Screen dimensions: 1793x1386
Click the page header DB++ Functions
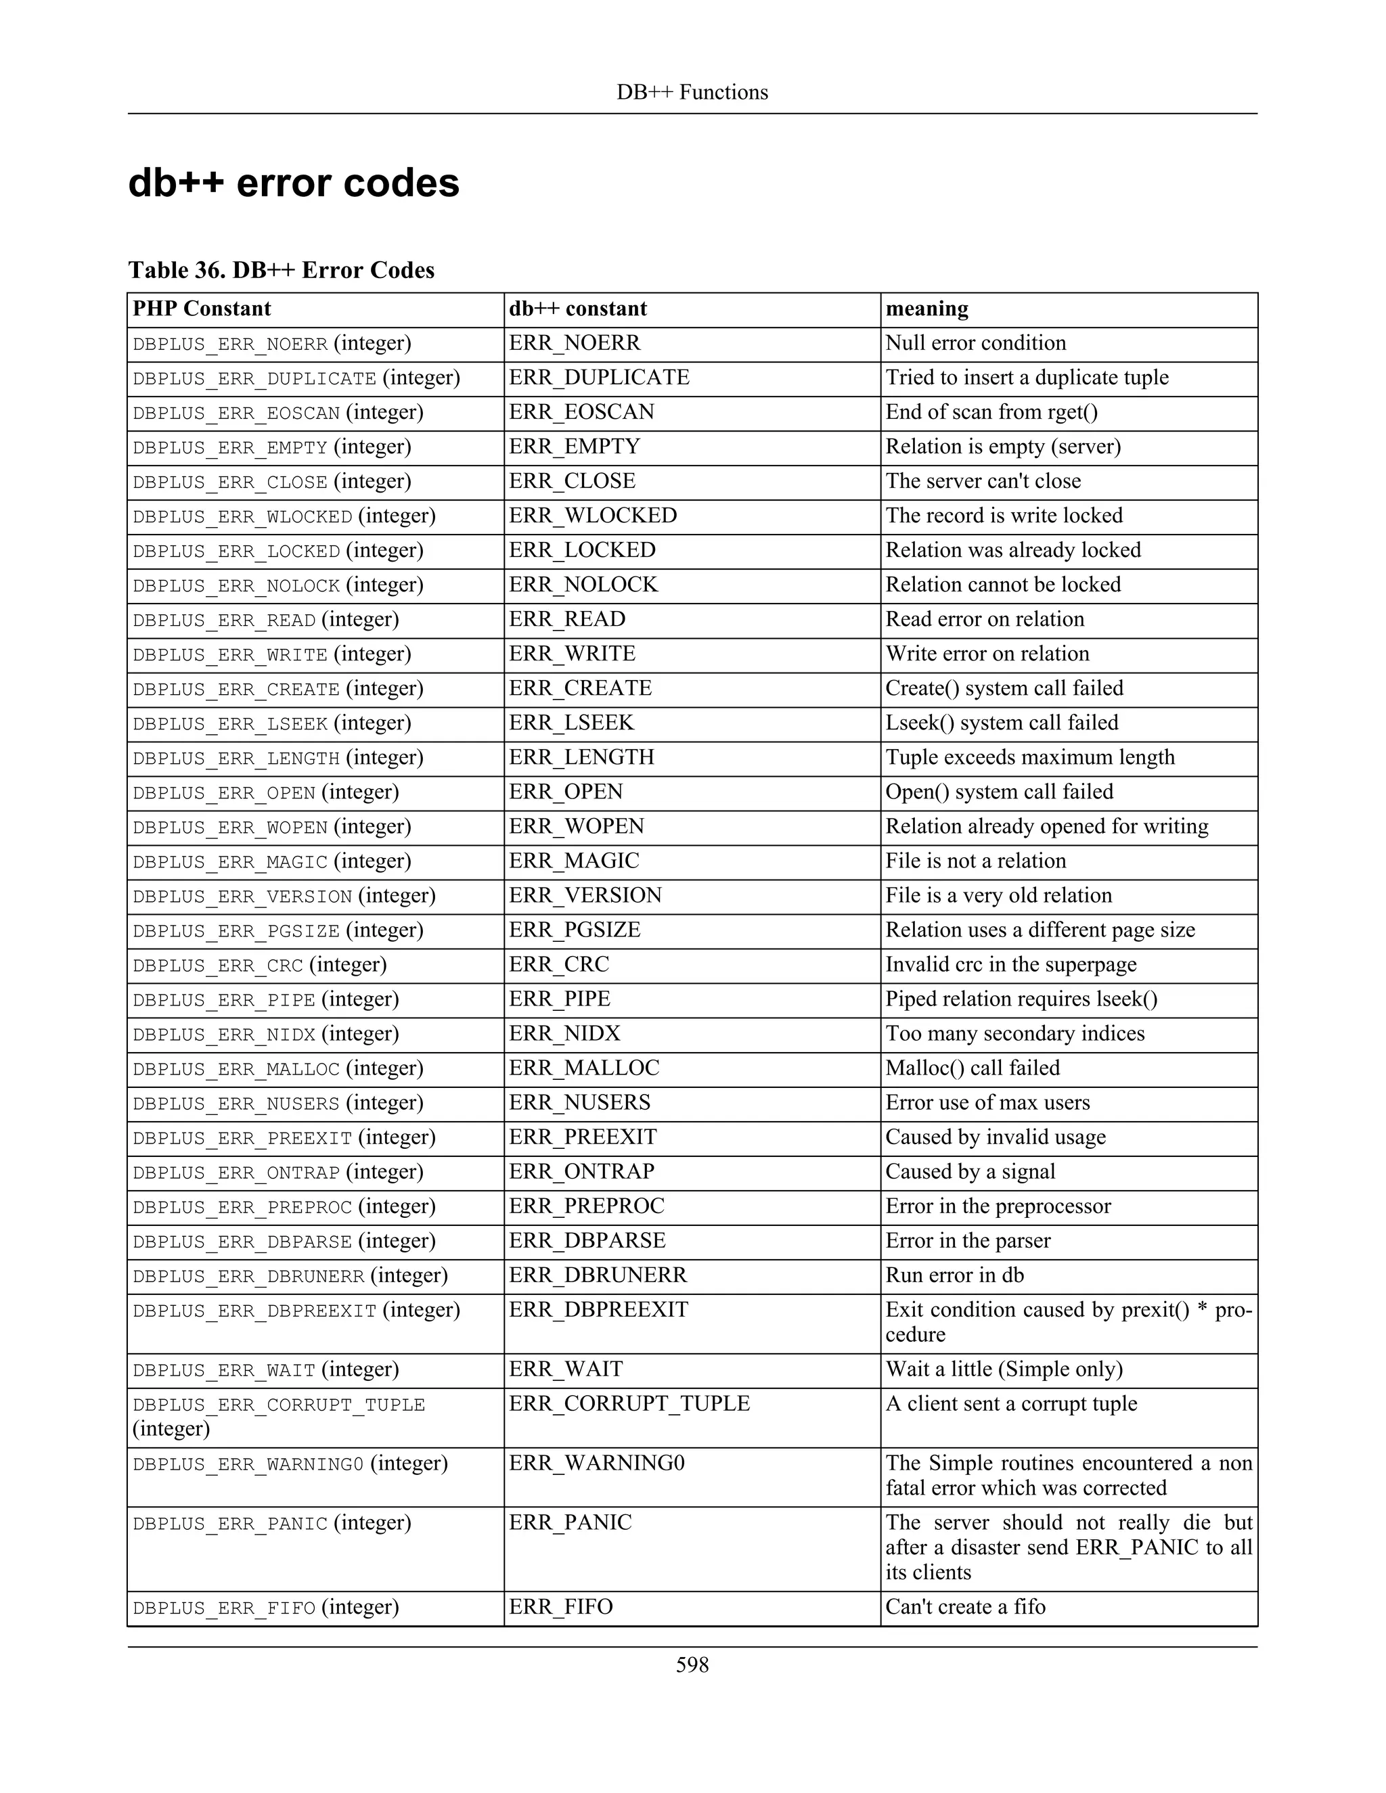[692, 92]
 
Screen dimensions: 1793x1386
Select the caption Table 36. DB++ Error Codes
[281, 270]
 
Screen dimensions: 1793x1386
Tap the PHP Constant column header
[201, 309]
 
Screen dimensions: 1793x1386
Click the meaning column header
[926, 309]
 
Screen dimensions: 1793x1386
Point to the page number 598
[692, 1665]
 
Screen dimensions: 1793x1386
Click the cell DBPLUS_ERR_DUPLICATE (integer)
[296, 378]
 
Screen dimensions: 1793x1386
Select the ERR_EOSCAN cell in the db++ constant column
[581, 412]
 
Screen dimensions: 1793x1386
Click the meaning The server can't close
[983, 481]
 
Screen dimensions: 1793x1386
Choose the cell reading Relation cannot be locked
[1002, 585]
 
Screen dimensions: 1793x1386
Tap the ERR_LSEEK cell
[571, 723]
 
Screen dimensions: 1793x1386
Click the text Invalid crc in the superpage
[1011, 965]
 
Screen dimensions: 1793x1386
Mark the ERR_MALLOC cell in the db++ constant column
[584, 1068]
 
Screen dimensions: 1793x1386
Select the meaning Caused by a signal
[970, 1171]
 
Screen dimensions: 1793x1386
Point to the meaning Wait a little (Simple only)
[1004, 1369]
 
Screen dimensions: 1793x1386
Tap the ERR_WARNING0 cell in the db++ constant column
[596, 1463]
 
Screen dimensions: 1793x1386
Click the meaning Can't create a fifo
[965, 1607]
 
